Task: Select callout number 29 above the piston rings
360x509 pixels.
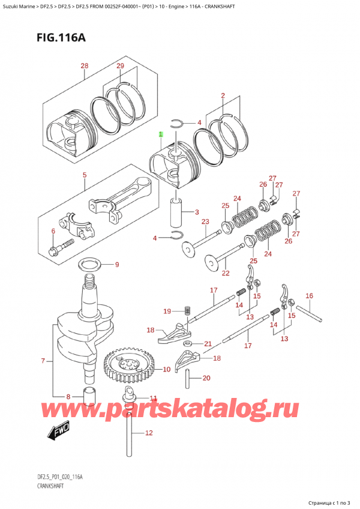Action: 120,65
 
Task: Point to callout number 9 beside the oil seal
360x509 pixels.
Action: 117,265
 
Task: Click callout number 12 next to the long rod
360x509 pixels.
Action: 149,433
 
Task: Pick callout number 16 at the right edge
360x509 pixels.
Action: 310,295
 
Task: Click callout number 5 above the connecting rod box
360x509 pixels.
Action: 85,175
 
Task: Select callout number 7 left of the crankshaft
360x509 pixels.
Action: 43,361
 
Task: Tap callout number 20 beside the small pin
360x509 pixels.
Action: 207,378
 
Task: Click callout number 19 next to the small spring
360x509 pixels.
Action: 167,311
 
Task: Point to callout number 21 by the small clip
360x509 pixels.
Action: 208,344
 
